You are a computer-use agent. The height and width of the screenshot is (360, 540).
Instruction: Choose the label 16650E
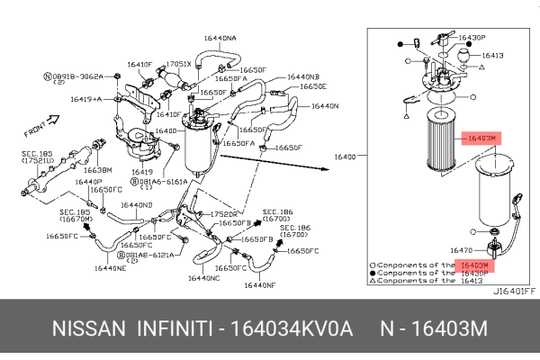point(313,86)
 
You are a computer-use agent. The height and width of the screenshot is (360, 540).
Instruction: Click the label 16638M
point(97,169)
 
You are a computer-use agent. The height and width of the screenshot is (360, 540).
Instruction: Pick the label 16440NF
point(258,284)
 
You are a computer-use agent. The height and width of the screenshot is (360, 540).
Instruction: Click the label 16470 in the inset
point(461,251)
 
